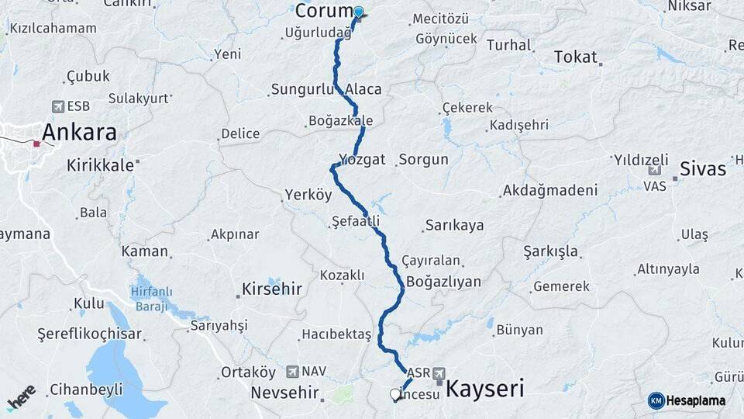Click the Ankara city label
(x=79, y=133)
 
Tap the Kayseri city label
(x=485, y=387)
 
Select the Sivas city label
(x=702, y=168)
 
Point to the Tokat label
(x=575, y=57)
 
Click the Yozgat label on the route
(x=361, y=159)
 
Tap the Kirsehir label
(x=271, y=289)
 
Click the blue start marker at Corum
(x=358, y=12)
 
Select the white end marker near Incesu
(x=394, y=395)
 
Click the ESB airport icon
(x=58, y=106)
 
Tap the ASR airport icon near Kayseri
(x=439, y=373)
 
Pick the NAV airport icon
(x=292, y=372)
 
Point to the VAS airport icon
(x=654, y=171)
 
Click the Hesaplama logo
(x=687, y=400)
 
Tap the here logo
(x=22, y=397)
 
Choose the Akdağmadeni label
(x=549, y=190)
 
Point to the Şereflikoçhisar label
(x=90, y=334)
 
